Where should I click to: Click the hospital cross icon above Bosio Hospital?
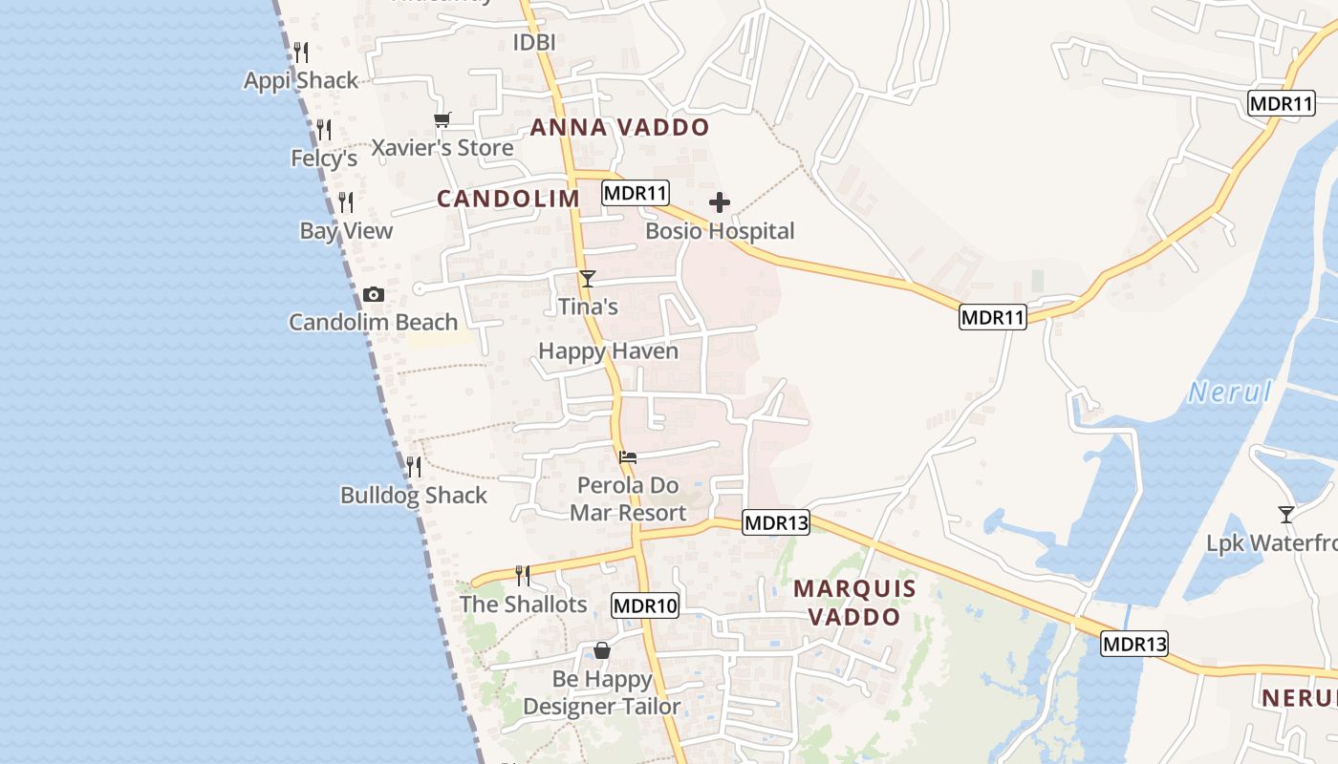720,202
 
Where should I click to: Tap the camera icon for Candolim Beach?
374,294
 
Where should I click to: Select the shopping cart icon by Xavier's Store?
442,120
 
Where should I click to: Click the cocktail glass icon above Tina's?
588,279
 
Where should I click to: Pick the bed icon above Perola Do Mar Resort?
628,457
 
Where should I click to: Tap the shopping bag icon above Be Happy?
602,650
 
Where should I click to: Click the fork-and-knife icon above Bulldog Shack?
414,467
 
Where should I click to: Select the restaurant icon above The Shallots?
523,575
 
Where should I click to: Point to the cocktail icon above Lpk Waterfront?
1286,514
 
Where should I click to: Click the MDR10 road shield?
645,605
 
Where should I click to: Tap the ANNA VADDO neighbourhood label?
620,127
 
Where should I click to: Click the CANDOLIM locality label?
508,199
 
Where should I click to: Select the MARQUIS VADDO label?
854,603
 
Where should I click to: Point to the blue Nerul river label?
1231,392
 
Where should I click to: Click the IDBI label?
534,42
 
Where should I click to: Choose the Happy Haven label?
608,351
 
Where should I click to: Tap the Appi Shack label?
301,80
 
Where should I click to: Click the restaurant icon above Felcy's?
324,129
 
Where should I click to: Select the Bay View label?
346,231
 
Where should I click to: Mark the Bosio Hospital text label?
720,231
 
